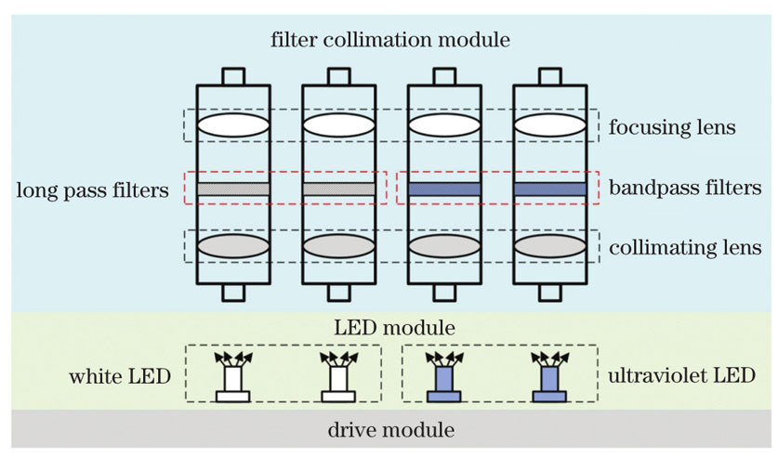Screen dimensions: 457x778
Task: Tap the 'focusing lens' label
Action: (673, 126)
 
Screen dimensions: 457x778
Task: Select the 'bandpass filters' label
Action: (686, 188)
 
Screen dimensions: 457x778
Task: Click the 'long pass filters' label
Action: (92, 190)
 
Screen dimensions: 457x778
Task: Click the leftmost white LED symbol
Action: (232, 382)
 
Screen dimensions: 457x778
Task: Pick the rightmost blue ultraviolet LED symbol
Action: (548, 382)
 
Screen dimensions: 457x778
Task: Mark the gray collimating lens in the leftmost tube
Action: (233, 246)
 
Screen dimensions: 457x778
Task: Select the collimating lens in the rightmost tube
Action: (550, 246)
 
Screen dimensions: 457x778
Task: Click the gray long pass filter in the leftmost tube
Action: (233, 189)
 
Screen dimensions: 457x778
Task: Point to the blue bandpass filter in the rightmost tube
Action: (550, 189)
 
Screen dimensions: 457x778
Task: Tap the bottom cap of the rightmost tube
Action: (550, 294)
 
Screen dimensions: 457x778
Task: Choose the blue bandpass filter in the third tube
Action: (444, 189)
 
